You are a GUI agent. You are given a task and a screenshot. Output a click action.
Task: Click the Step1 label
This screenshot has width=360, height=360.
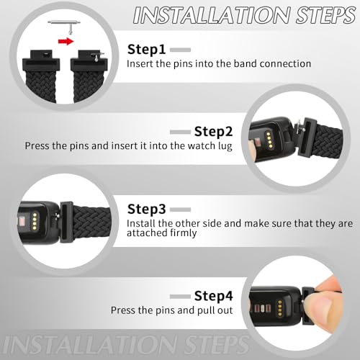coord(147,50)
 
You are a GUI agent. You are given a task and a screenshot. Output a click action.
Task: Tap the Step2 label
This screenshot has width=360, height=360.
coord(212,131)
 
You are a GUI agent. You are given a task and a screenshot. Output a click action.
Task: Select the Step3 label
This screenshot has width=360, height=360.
coord(147,210)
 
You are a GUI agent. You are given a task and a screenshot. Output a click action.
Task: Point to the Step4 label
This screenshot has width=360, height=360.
coord(212,295)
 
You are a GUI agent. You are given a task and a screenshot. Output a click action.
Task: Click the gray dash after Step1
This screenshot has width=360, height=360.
coord(180,50)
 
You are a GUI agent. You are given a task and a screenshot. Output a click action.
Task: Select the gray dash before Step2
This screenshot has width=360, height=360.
coord(180,132)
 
